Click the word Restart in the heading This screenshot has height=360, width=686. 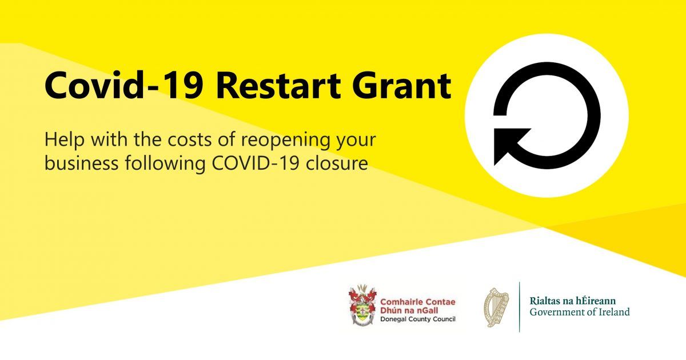coord(279,85)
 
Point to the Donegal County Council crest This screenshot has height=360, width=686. coord(362,305)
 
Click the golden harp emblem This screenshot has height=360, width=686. coord(496,307)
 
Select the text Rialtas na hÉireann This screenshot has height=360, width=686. coord(573,301)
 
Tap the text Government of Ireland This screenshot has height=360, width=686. coord(580,312)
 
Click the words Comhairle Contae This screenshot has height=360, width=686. coord(418,302)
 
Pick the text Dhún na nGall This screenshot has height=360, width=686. coord(409,310)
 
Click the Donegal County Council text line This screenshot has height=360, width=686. coord(418,319)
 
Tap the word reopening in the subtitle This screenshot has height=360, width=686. coord(286,141)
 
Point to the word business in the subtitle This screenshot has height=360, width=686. coord(81,163)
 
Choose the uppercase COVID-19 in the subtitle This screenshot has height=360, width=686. coord(256,163)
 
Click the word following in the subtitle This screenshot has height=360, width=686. coord(165,164)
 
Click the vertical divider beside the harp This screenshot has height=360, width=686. coord(520,307)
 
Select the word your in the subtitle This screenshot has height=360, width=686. coord(356,142)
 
